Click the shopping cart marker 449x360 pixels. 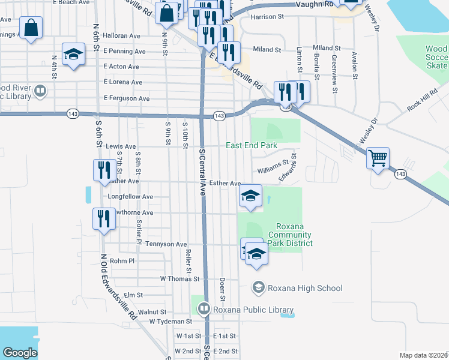(378, 158)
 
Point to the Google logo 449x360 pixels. (20, 353)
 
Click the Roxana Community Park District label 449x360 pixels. (290, 235)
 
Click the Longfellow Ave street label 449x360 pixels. (130, 196)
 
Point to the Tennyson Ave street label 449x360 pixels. (166, 244)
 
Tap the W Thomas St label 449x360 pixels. (179, 279)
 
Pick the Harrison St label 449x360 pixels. (267, 17)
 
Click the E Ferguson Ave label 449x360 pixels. (126, 98)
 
